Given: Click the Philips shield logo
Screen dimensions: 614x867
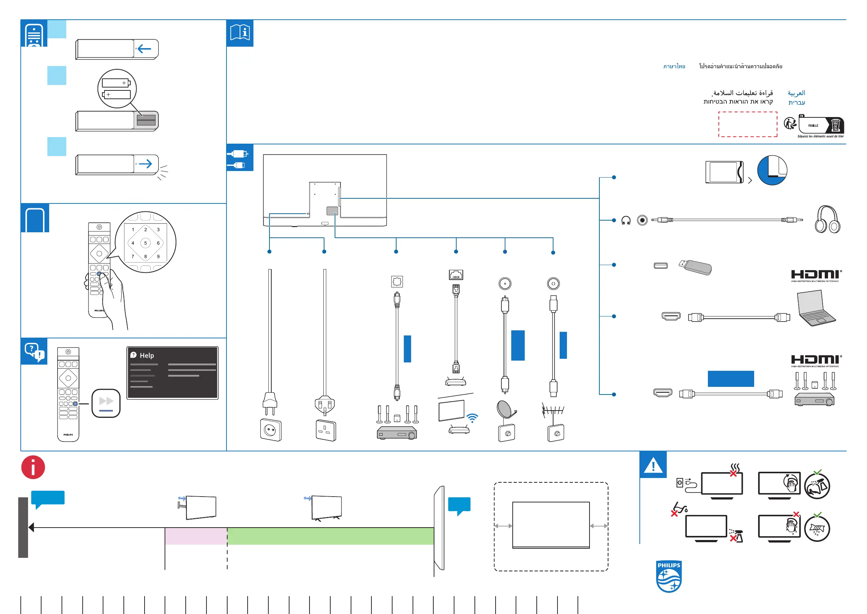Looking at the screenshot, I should (669, 576).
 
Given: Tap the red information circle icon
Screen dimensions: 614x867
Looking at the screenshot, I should (33, 467).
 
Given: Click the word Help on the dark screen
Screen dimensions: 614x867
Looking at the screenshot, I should (147, 355).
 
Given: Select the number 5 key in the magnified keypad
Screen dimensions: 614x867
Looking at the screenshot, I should (145, 243).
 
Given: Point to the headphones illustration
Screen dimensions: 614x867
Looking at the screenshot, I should (827, 219).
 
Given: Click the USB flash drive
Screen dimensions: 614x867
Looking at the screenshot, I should (695, 267).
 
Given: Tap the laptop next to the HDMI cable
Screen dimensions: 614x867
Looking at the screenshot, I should (816, 308).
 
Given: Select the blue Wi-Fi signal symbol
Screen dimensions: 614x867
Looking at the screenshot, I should (472, 418).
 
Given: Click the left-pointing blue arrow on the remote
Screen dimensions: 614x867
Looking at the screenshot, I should (144, 48).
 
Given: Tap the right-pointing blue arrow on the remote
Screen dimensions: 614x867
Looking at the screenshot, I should (145, 164).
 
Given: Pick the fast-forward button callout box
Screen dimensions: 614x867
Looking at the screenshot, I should (106, 403).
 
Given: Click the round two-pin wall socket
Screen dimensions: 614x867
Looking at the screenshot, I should (271, 430).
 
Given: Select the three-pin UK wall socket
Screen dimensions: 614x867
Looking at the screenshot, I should (326, 430).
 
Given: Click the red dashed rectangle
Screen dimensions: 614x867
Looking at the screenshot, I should (748, 124).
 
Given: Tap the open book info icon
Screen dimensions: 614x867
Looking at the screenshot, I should (240, 33).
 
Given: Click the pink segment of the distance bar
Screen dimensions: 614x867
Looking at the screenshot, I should (196, 536).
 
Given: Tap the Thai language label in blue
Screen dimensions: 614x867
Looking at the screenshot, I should (674, 66).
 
